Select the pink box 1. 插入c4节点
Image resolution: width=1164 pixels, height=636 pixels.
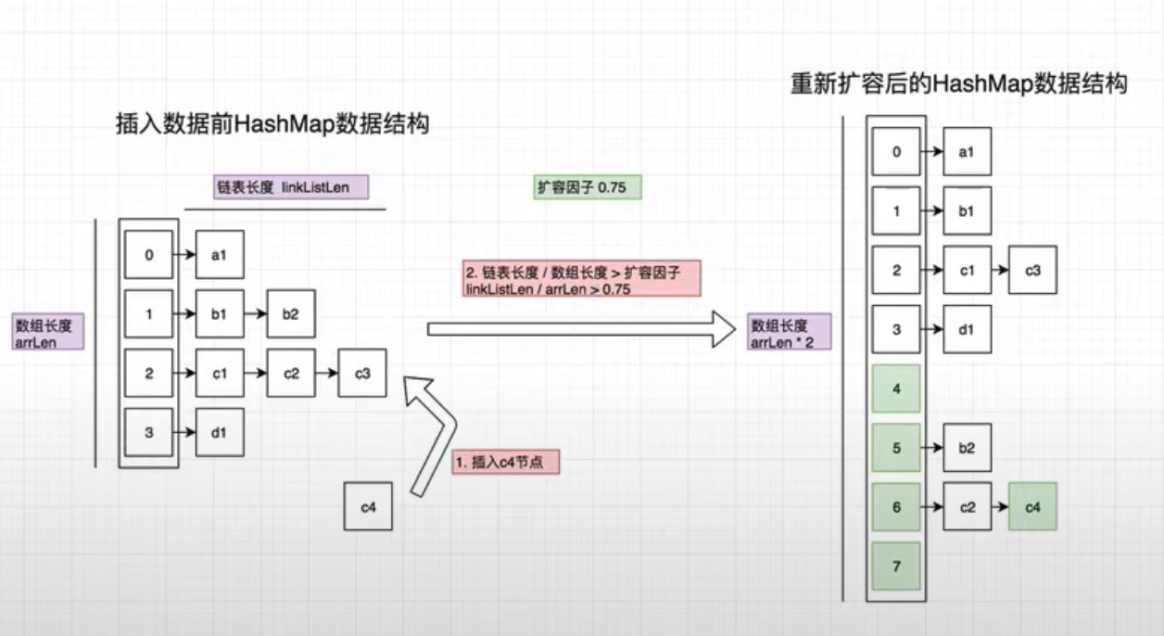[506, 462]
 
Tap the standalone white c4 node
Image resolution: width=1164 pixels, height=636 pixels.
[368, 506]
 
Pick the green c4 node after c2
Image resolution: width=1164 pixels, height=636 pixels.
[1032, 506]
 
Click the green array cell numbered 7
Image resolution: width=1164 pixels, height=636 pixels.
[896, 566]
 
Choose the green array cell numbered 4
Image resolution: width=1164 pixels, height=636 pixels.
[896, 388]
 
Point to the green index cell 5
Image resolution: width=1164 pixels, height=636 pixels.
[896, 447]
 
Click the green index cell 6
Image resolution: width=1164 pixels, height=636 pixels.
[896, 506]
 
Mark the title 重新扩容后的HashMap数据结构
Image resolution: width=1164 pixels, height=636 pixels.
[958, 83]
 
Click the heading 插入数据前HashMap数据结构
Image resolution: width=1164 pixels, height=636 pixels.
[272, 123]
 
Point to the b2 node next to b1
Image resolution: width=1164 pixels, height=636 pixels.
[291, 314]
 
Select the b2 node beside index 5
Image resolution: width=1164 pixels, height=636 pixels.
[968, 447]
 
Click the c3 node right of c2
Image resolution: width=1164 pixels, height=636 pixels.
[362, 374]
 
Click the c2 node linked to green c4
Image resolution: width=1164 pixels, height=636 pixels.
[968, 506]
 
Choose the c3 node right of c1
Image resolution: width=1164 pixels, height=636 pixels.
[1032, 270]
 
